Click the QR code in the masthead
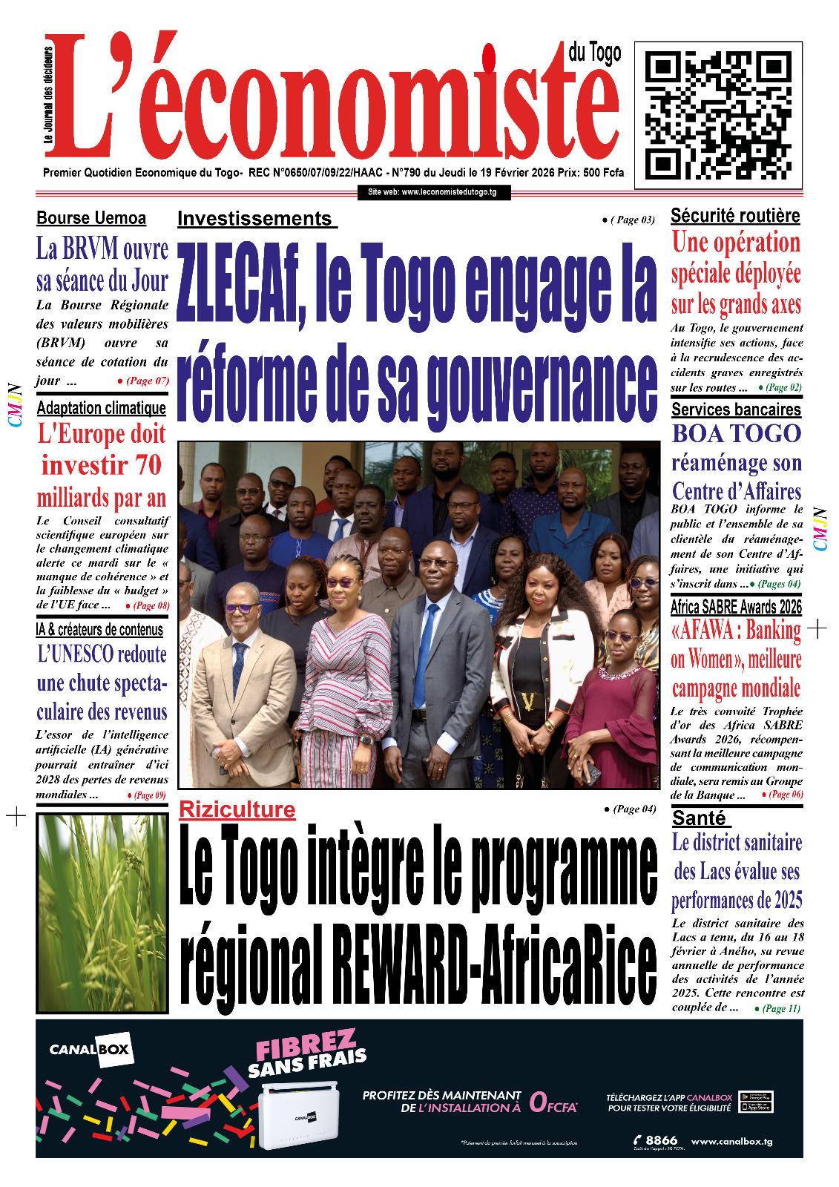point(718,116)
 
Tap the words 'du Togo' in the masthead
point(594,53)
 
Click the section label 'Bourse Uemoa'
point(91,218)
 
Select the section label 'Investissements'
point(255,219)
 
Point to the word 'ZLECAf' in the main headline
point(240,286)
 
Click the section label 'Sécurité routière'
point(735,216)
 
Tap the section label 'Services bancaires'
point(736,410)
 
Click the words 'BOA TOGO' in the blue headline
point(736,433)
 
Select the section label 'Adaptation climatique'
point(102,408)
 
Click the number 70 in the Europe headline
point(148,466)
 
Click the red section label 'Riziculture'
point(237,809)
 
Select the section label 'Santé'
point(699,818)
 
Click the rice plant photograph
point(102,913)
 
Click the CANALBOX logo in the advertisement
point(90,1050)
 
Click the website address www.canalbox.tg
point(731,1141)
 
